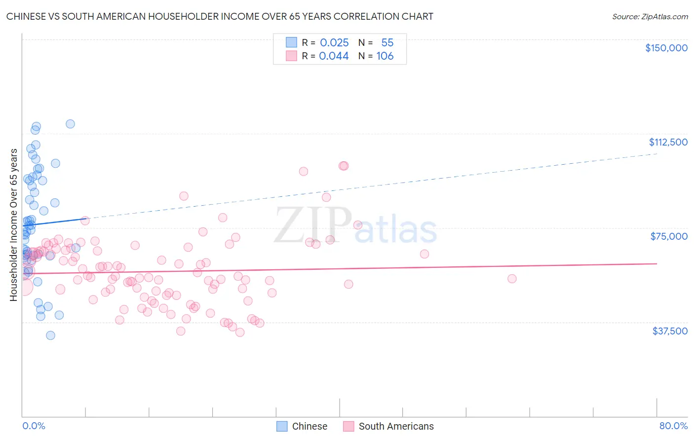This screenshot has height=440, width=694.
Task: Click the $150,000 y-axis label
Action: [666, 48]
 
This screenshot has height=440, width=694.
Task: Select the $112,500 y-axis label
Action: [668, 142]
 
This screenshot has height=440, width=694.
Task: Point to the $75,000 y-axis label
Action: [669, 236]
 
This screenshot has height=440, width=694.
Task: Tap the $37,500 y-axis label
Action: [670, 331]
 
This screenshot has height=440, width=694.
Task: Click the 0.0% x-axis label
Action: [34, 426]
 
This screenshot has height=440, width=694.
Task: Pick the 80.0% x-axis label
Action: [673, 426]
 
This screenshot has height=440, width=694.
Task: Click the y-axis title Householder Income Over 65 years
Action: [13, 224]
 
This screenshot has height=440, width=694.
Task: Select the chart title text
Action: [220, 16]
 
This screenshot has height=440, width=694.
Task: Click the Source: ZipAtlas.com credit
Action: [650, 17]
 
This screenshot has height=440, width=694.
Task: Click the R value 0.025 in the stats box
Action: [334, 43]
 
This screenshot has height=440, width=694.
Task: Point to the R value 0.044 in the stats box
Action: [334, 56]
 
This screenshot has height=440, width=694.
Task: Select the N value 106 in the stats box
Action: [385, 56]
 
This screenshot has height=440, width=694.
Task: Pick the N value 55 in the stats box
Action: [387, 43]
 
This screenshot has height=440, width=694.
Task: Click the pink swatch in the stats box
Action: [291, 56]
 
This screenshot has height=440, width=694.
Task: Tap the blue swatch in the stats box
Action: [291, 42]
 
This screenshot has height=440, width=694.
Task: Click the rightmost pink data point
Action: [512, 279]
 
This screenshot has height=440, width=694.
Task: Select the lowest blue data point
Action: [50, 335]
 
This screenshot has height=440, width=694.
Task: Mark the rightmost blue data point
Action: [76, 248]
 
